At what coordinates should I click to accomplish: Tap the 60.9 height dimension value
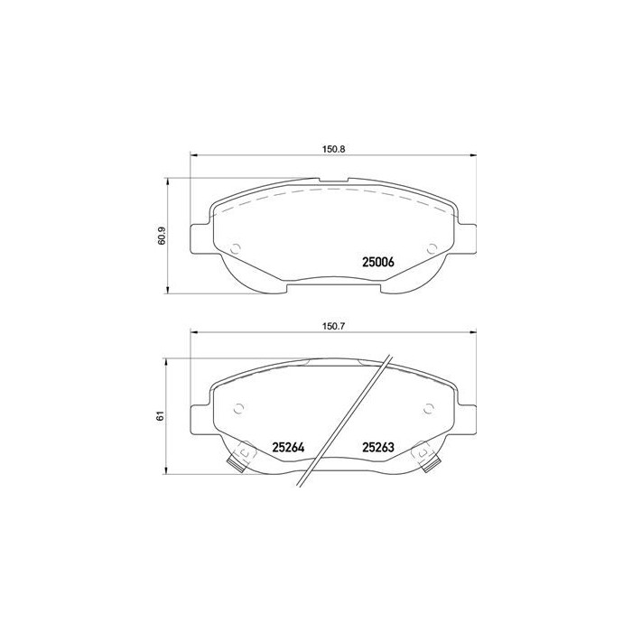pos(162,236)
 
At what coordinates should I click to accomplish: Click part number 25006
pos(379,263)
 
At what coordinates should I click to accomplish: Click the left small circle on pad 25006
pos(236,249)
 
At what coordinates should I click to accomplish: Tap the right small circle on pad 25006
pos(431,248)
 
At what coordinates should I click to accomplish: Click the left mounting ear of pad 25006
pos(201,239)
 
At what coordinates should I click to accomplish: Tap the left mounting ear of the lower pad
pos(201,417)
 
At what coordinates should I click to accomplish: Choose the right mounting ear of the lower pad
pos(467,417)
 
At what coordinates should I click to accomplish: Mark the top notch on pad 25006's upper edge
pos(335,181)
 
